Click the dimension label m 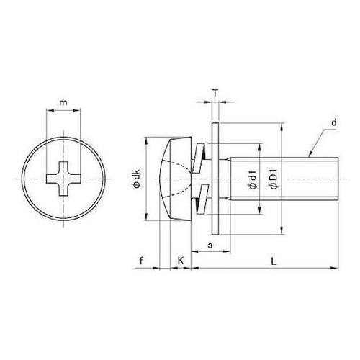click(63, 103)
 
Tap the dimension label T click(215, 93)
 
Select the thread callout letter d click(334, 122)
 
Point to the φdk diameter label click(137, 179)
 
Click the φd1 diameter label click(253, 179)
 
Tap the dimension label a click(210, 246)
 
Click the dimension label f click(142, 261)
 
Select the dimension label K click(181, 261)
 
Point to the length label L click(274, 261)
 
